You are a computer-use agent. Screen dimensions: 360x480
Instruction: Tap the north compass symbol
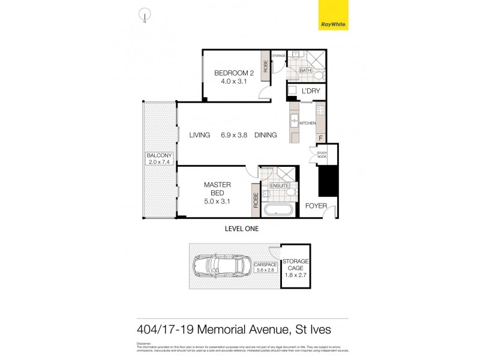145,14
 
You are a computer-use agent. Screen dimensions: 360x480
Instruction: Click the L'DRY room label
310,91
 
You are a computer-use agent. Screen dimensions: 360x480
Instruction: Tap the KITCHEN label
308,123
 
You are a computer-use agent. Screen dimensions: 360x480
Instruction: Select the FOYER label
316,206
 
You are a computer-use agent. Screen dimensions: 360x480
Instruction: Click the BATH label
305,71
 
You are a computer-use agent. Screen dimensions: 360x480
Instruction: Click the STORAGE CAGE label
296,265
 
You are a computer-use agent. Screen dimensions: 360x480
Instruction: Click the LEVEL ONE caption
241,229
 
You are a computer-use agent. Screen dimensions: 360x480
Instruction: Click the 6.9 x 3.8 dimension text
233,135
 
